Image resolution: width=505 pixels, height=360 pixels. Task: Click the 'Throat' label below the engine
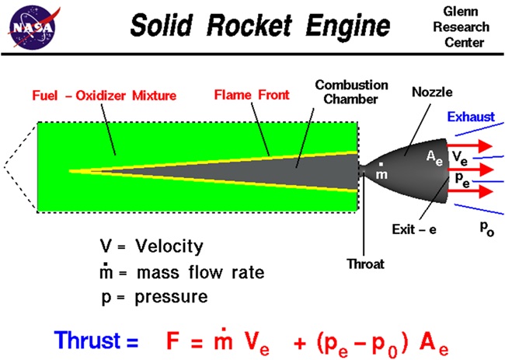click(364, 264)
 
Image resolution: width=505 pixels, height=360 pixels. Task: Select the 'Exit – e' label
click(416, 230)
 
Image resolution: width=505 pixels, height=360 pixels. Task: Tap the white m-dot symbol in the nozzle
click(381, 173)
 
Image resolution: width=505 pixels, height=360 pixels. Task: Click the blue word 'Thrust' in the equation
click(96, 341)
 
